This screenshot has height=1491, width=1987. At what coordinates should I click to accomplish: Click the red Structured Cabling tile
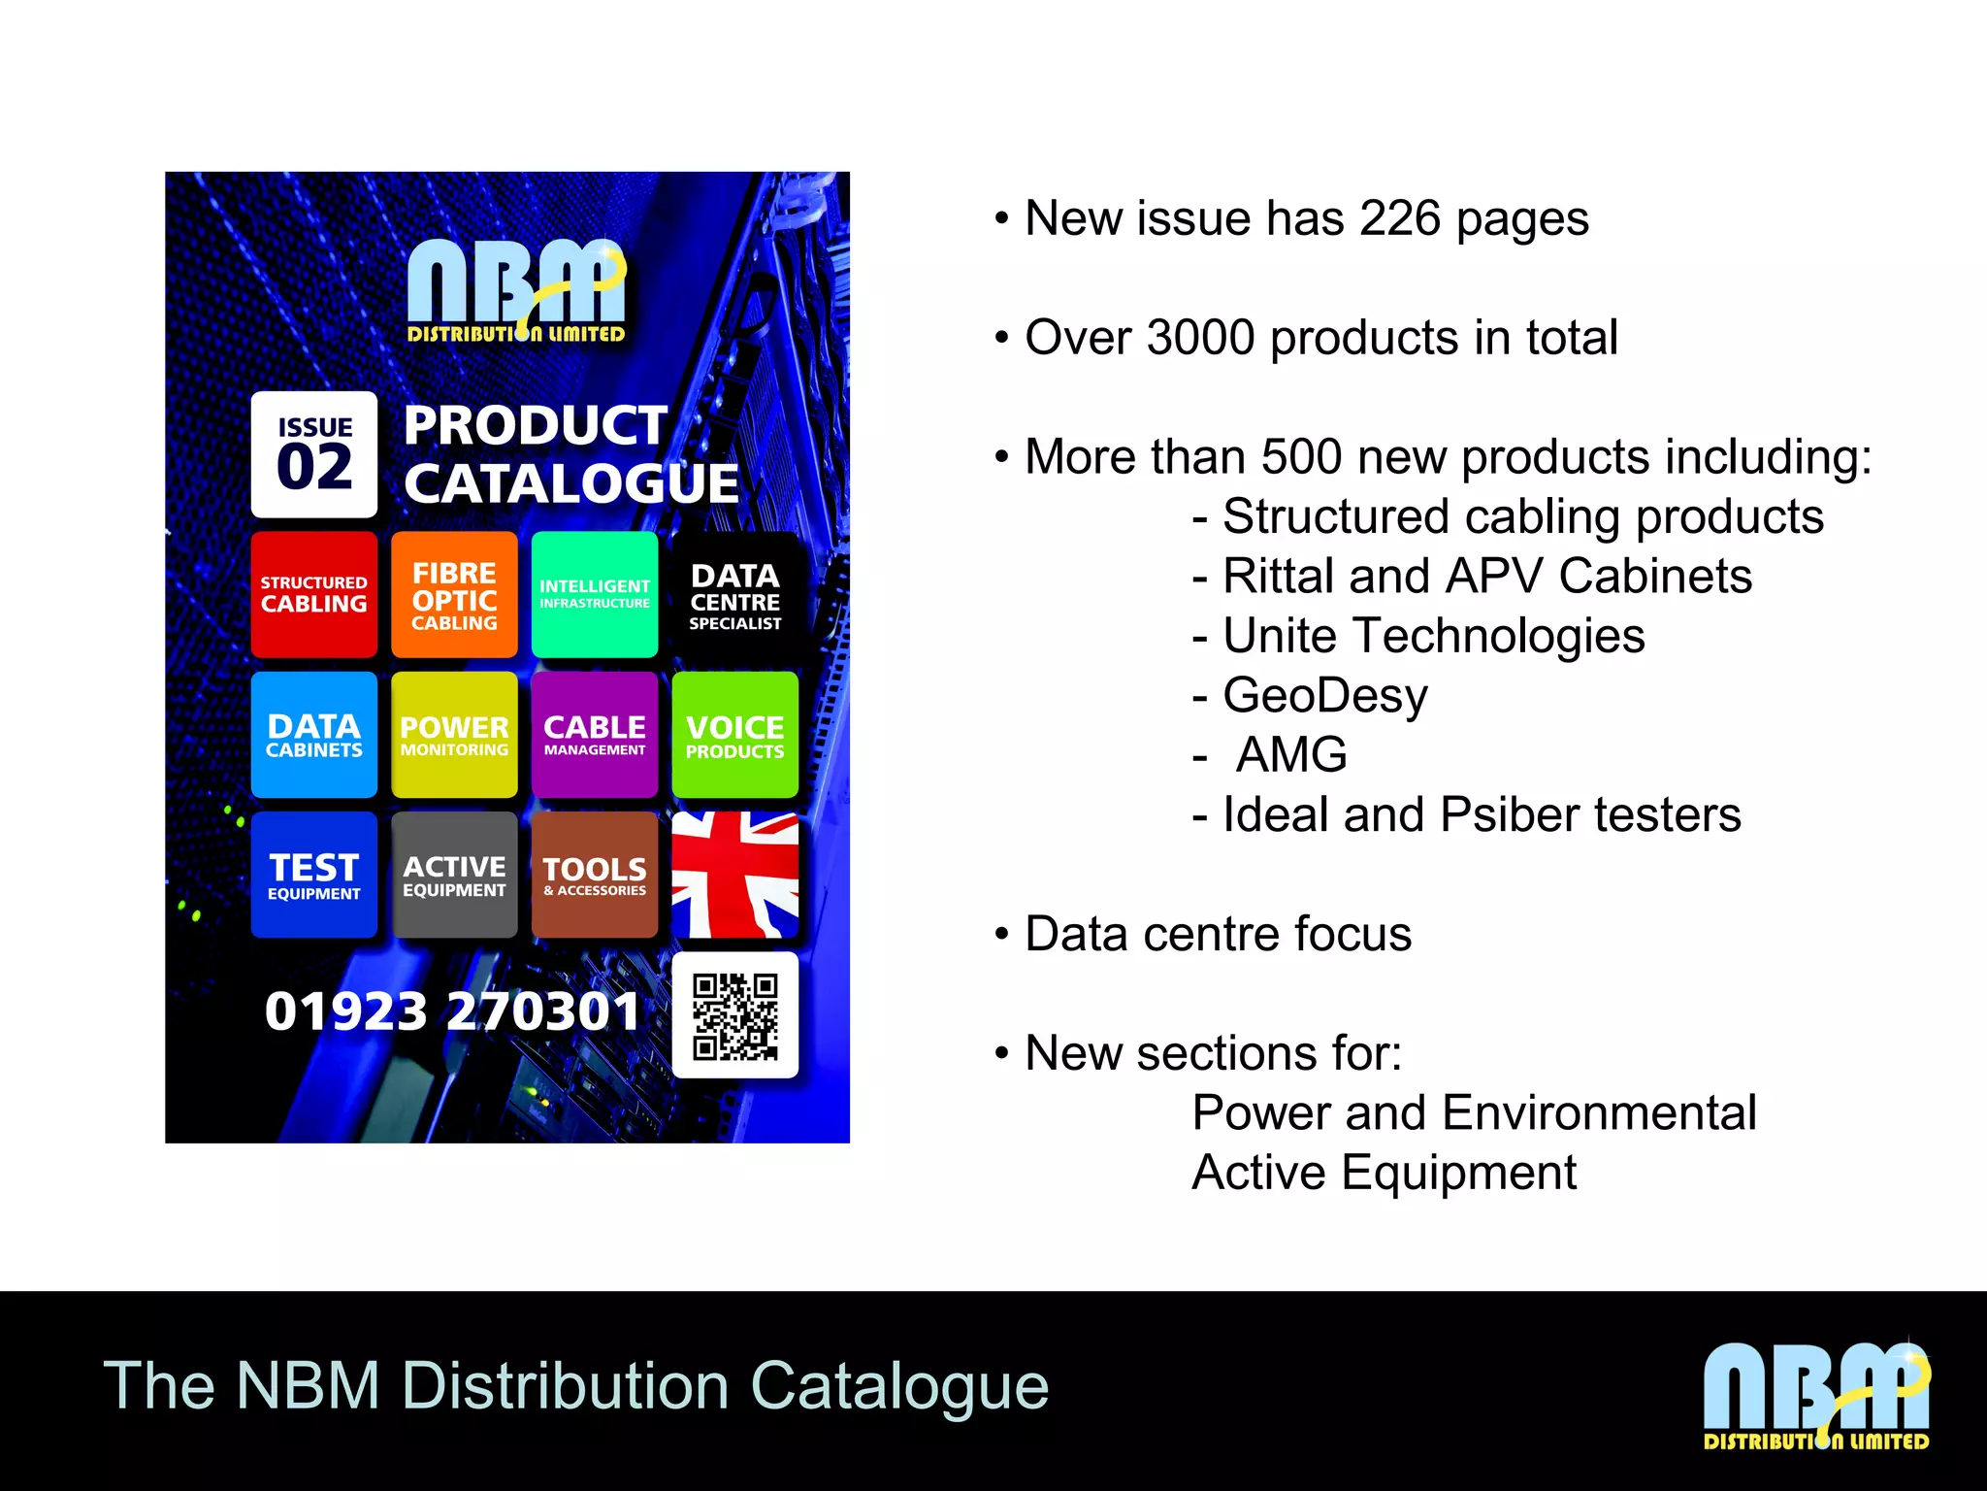[313, 594]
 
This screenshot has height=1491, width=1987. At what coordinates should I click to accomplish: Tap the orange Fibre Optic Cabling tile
[454, 594]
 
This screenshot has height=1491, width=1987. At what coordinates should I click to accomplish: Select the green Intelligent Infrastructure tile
[595, 594]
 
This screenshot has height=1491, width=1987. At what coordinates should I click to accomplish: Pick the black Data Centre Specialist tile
[735, 594]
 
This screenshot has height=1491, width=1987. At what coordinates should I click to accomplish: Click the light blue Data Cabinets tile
[313, 735]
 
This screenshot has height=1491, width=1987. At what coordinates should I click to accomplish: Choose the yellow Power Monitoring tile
[454, 735]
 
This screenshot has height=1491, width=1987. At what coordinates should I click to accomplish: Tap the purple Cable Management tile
[595, 735]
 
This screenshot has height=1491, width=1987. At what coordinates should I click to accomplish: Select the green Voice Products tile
[735, 735]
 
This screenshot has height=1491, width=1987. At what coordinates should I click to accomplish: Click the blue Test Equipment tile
[313, 875]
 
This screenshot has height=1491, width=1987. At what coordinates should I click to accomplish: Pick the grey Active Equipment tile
[454, 875]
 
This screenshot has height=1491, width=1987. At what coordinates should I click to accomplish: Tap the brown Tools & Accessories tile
[595, 875]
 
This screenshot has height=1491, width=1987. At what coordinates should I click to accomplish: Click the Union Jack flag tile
[735, 875]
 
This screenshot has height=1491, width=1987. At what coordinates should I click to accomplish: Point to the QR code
[735, 1015]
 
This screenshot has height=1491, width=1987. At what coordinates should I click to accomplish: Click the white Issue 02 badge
[313, 454]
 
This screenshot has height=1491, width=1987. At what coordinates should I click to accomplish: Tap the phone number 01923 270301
[452, 1011]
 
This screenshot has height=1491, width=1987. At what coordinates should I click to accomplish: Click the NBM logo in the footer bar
[1816, 1396]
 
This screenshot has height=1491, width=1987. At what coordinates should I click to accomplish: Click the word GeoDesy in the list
[1325, 696]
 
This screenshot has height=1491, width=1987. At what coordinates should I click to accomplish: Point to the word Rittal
[1278, 577]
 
